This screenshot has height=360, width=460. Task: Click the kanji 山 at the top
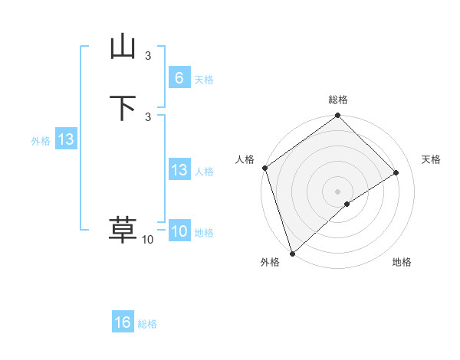(x=123, y=47)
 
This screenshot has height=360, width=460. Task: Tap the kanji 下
(x=123, y=108)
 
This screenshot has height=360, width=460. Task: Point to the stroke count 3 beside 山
(x=148, y=55)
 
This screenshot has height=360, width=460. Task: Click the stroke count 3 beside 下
(x=148, y=116)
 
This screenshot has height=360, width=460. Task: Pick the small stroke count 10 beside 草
(x=148, y=240)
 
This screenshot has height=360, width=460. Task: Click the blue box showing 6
(x=179, y=78)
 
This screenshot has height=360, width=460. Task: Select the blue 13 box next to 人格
(x=179, y=170)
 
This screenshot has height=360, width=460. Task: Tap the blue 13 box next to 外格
(x=66, y=139)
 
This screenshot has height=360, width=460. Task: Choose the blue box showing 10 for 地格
(x=179, y=231)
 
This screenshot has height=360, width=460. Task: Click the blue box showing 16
(x=123, y=322)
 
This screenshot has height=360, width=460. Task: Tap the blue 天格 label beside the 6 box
(x=204, y=80)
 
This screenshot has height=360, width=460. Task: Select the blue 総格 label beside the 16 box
(x=147, y=324)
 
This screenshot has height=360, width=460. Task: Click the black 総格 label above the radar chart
(x=338, y=100)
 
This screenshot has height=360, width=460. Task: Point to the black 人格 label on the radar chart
(x=245, y=159)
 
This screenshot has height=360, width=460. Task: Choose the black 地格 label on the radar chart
(x=402, y=262)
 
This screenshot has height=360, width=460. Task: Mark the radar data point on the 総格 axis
(x=338, y=116)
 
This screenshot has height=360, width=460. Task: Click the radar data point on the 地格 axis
(x=347, y=204)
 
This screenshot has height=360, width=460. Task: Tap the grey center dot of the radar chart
(x=338, y=191)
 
